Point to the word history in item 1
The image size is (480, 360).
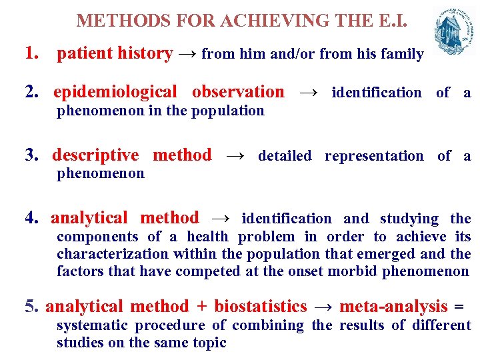147,53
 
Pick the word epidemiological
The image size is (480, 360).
115,91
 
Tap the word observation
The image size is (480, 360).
237,91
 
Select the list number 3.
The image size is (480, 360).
31,155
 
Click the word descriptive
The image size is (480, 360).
95,155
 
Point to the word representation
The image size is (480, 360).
373,156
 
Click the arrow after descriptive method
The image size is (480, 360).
235,156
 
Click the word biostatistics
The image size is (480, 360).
260,307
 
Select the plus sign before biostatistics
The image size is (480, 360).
201,307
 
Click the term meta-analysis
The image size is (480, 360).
393,307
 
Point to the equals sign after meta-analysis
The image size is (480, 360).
458,307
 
